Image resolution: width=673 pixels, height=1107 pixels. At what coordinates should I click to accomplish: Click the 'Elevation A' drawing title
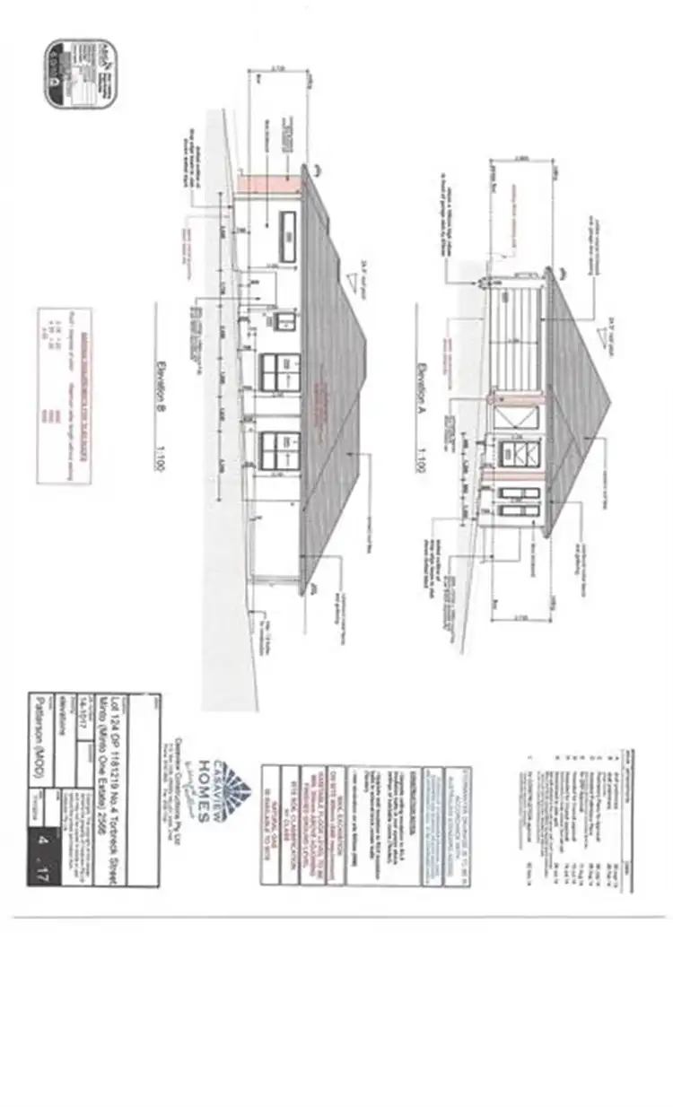click(420, 379)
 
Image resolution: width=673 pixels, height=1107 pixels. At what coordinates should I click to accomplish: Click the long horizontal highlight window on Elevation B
click(288, 237)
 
